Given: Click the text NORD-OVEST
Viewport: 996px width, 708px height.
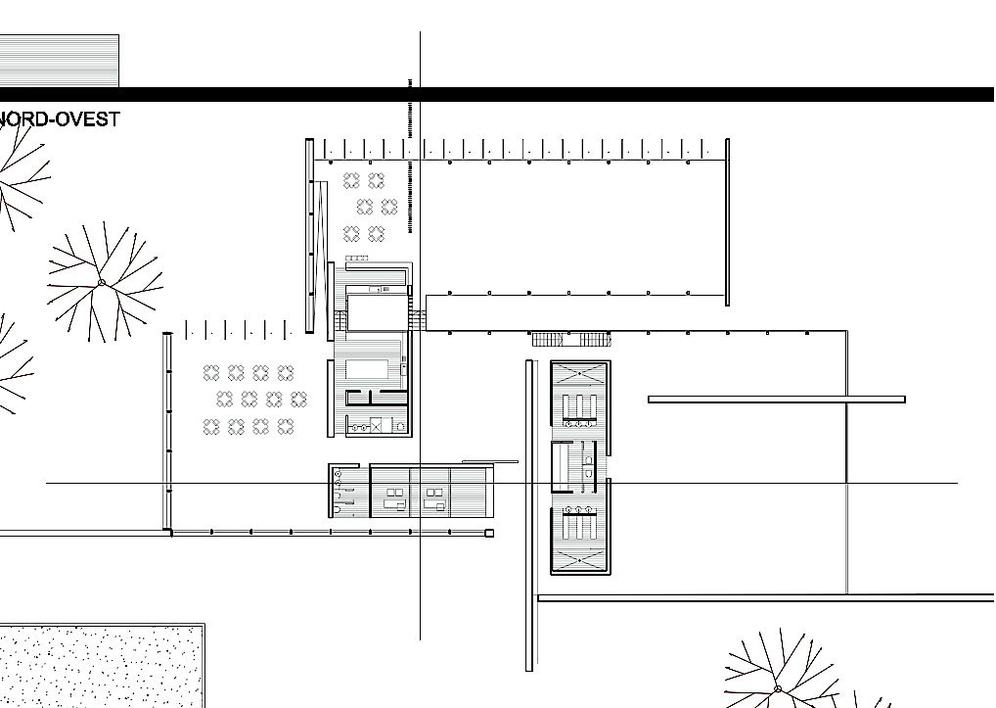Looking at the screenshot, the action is click(x=60, y=118).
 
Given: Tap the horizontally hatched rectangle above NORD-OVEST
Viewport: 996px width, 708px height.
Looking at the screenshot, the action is click(x=59, y=61).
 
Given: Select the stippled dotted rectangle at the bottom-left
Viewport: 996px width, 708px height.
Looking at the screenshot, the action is click(x=102, y=666).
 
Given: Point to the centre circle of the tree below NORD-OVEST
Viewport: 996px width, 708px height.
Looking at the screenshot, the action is click(x=102, y=283).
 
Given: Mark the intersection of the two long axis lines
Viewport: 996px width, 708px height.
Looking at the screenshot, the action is click(x=420, y=483).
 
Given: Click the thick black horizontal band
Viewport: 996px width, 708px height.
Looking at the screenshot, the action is click(x=497, y=95).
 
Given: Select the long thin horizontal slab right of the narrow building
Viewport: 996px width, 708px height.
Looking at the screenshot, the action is click(x=776, y=400).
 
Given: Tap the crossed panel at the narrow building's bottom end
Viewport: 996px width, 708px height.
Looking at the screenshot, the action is click(x=580, y=560).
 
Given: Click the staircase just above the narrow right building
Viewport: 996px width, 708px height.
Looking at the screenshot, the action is click(x=571, y=340).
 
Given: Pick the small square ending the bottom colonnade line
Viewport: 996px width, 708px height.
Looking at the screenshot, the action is click(x=489, y=533).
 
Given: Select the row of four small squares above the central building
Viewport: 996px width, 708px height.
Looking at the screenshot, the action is click(x=357, y=258).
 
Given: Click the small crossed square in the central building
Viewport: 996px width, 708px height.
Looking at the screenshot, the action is click(x=376, y=426).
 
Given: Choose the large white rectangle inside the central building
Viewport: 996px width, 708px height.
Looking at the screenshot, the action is click(x=378, y=312).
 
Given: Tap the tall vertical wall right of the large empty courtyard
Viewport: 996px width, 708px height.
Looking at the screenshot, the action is click(x=727, y=222).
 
